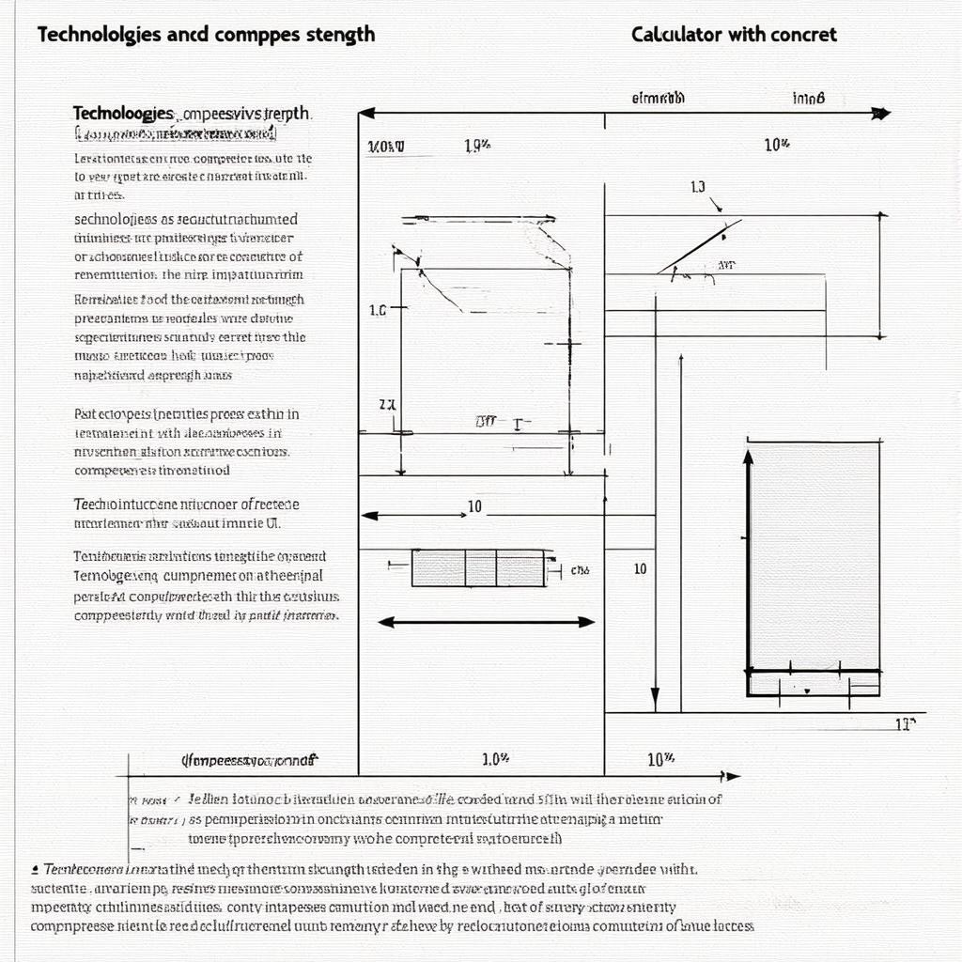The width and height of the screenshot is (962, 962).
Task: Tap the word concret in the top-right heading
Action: (803, 35)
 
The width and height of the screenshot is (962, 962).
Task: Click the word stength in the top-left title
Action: (337, 34)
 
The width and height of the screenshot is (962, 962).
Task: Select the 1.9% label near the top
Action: (477, 146)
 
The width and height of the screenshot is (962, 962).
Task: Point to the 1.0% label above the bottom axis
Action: (495, 758)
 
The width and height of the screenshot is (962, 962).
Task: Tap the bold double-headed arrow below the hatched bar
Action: (486, 621)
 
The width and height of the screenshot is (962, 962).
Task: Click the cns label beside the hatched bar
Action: (580, 570)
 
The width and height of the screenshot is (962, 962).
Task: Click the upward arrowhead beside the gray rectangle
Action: (749, 458)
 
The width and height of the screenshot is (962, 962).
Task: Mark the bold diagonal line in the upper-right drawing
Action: (700, 246)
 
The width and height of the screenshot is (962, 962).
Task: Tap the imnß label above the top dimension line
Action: (808, 98)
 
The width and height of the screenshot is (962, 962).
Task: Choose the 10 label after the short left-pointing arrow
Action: (474, 507)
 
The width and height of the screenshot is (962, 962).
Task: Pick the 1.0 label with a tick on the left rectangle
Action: (378, 309)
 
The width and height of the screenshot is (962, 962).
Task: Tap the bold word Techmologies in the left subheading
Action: (123, 113)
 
